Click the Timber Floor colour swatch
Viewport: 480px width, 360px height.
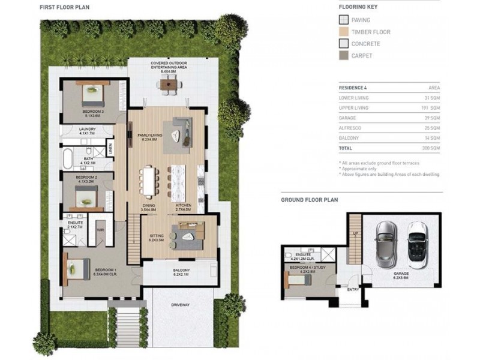pyautogui.click(x=343, y=32)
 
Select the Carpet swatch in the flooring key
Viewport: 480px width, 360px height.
pyautogui.click(x=343, y=56)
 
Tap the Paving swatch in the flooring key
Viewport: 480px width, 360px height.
pyautogui.click(x=343, y=20)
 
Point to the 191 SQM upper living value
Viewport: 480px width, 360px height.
pyautogui.click(x=430, y=107)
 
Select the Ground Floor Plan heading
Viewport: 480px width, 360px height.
pyautogui.click(x=309, y=200)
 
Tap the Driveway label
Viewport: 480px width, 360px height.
pyautogui.click(x=180, y=305)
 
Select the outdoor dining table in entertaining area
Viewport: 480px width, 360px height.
pyautogui.click(x=169, y=84)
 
